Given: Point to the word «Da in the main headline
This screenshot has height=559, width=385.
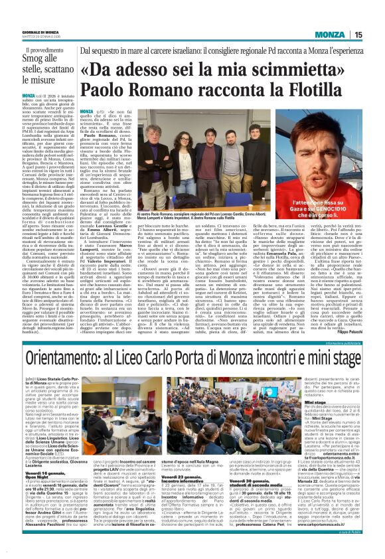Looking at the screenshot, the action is pos(100,68).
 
